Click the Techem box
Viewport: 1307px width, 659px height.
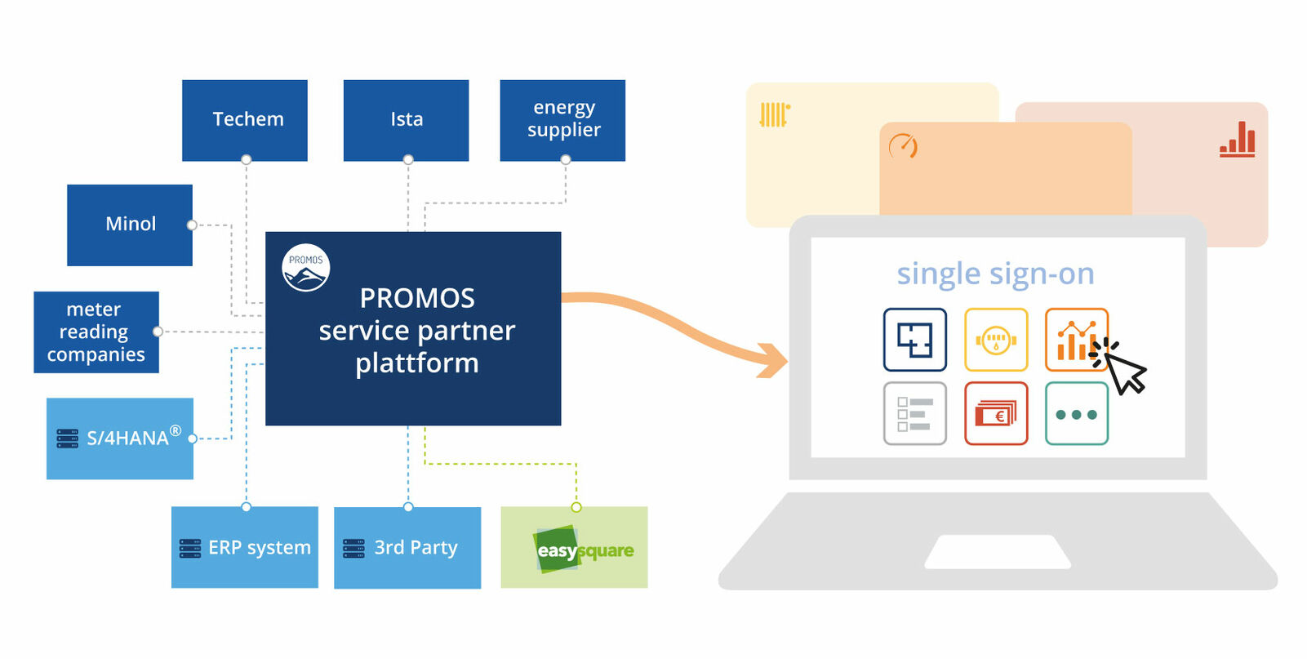[x=245, y=120]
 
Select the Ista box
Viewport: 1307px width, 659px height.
[x=406, y=120]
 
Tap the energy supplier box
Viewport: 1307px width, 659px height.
[x=562, y=120]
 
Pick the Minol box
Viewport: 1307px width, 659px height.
[x=130, y=225]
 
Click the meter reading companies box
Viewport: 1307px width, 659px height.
[x=96, y=332]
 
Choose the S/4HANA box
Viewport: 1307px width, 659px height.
[x=120, y=439]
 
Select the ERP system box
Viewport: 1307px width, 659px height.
[x=245, y=547]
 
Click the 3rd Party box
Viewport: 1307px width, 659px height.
[x=407, y=547]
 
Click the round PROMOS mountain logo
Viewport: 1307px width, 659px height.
[x=306, y=268]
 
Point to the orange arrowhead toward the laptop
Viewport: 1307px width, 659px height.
[x=771, y=359]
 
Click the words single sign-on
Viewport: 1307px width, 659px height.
[x=995, y=274]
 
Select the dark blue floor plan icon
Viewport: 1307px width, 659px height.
[x=915, y=340]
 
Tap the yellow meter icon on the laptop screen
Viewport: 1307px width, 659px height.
[x=996, y=340]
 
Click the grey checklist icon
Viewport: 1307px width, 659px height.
[x=915, y=414]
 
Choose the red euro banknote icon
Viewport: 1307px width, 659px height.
[x=996, y=414]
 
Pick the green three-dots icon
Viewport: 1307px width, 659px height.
[x=1077, y=414]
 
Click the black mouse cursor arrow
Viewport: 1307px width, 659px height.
[x=1126, y=372]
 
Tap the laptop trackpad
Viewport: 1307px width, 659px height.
[x=998, y=552]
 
